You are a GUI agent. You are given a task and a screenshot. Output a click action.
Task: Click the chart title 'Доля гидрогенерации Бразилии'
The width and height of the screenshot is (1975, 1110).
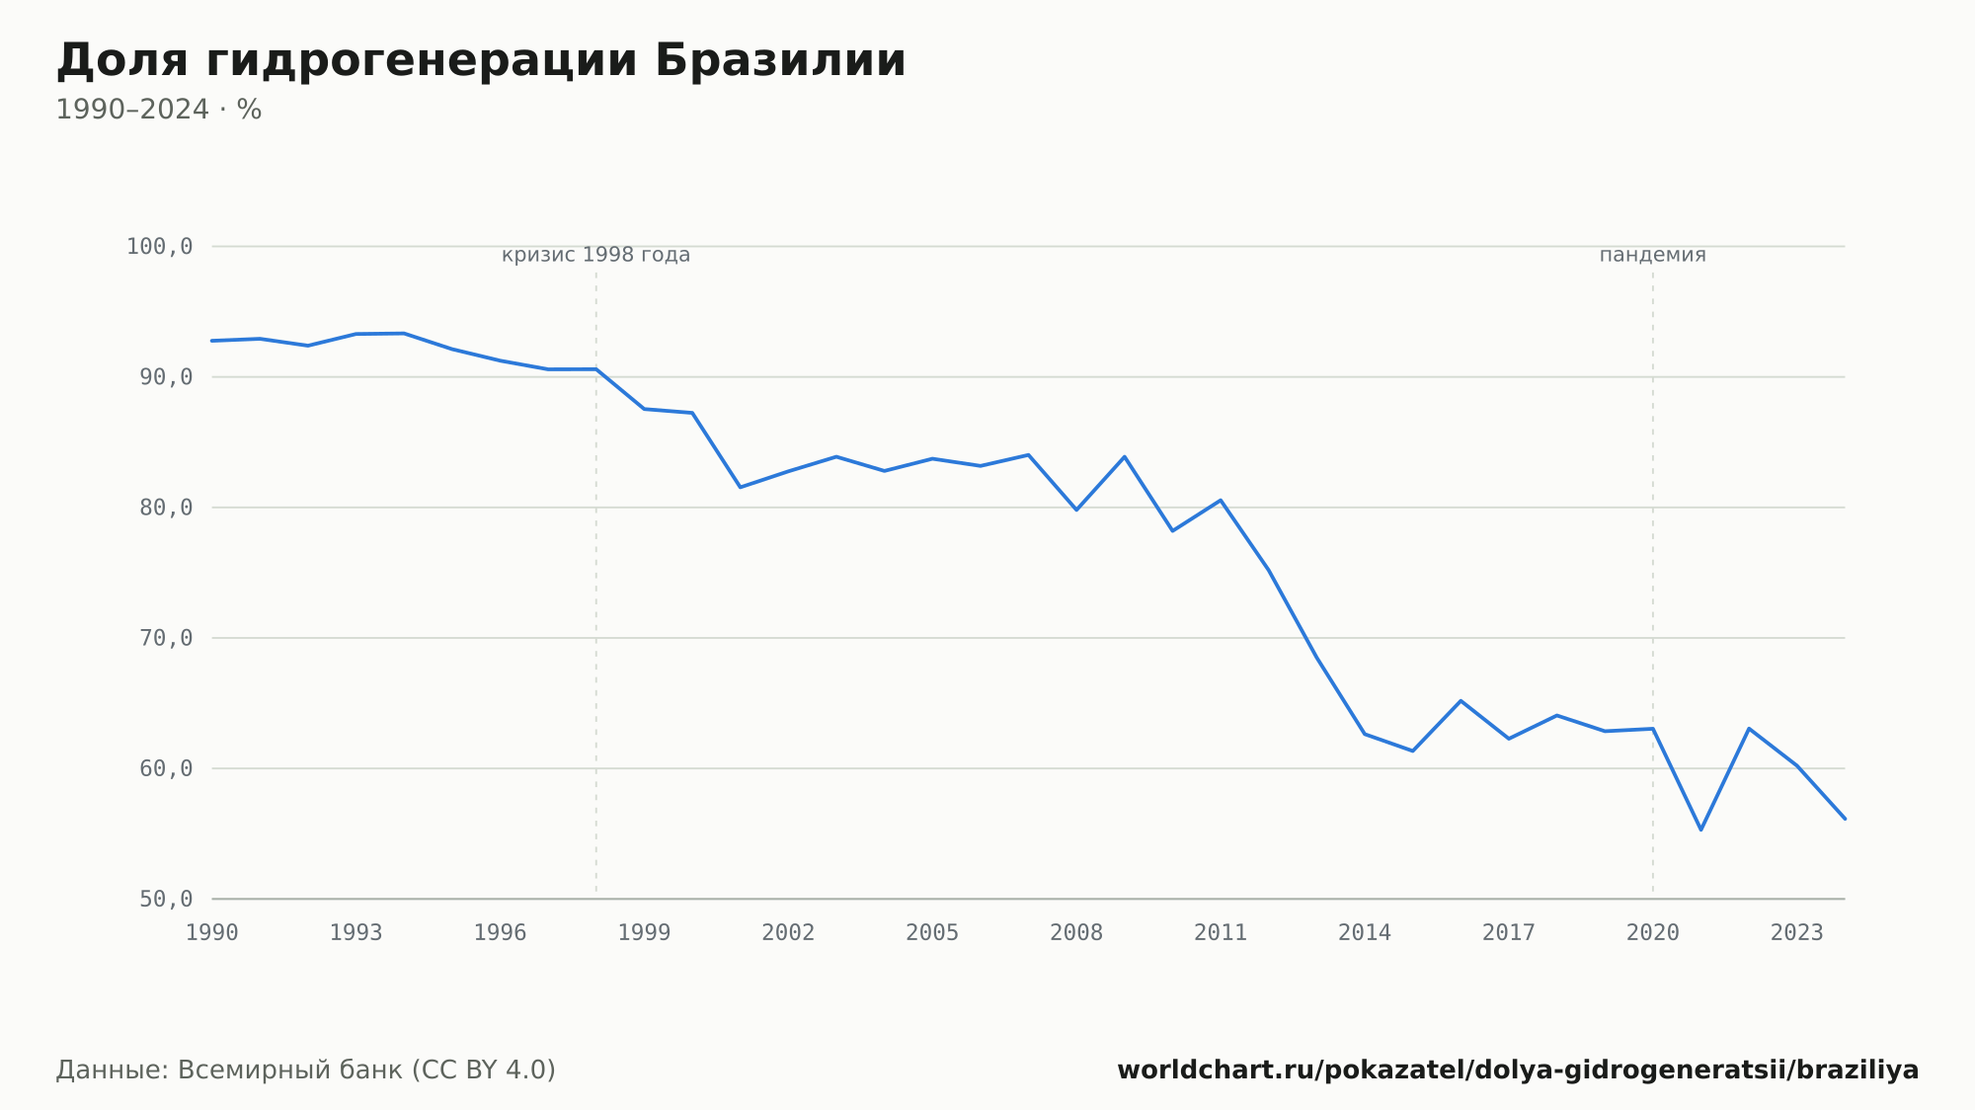point(481,60)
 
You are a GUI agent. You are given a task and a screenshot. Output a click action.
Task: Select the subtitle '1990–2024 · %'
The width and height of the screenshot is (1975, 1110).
point(159,110)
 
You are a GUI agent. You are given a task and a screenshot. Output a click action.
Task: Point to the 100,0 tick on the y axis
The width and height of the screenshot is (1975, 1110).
point(160,247)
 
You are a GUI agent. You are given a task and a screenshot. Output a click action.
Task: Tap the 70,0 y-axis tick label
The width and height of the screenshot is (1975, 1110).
point(166,638)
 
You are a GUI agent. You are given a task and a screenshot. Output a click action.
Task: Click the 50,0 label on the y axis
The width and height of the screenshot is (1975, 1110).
point(166,899)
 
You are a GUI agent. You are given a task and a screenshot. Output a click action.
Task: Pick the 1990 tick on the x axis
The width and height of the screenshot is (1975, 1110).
point(212,933)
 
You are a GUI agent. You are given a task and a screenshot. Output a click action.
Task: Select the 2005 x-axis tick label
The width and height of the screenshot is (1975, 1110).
point(932,933)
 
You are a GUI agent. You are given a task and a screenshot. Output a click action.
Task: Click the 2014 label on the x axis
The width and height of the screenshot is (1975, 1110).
point(1365,933)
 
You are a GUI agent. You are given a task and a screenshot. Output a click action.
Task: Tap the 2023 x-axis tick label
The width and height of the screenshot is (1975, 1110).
point(1797,933)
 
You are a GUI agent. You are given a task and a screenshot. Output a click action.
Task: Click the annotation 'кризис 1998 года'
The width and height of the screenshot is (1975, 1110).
point(596,255)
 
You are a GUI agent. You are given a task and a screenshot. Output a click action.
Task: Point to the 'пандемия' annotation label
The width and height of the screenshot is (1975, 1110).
point(1653,255)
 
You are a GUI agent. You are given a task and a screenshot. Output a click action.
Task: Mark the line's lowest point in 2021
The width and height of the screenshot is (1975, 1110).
point(1700,830)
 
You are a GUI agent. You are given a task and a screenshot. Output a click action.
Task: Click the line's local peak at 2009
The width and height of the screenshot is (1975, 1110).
point(1124,456)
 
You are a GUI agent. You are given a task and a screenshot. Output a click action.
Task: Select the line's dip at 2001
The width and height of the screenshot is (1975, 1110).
point(741,487)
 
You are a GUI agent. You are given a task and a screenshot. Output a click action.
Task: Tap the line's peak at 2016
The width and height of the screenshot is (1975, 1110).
point(1461,701)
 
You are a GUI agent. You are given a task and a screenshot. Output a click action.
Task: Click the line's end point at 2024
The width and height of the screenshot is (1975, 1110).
point(1845,819)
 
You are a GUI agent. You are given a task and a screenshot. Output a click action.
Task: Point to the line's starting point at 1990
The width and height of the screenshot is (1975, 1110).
point(212,341)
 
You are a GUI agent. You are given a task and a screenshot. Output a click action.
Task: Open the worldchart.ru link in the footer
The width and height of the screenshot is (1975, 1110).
point(1518,1070)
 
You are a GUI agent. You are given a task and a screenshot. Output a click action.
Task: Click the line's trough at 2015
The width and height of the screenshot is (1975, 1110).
point(1412,751)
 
